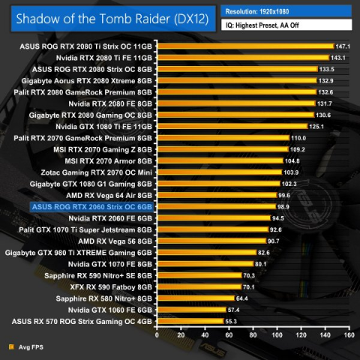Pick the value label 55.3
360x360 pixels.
pyautogui.click(x=231, y=321)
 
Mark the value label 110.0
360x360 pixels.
pyautogui.click(x=298, y=138)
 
